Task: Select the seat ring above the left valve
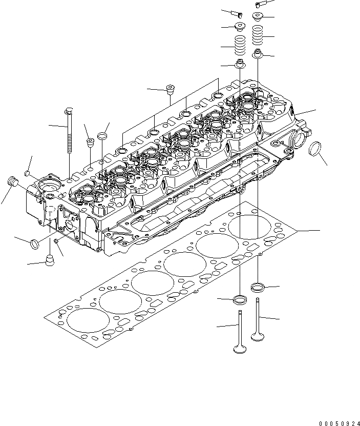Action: (x=240, y=299)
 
